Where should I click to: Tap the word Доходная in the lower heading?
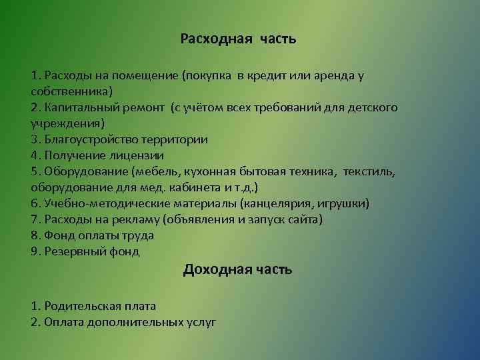coord(215,269)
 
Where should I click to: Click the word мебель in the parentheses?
coord(153,171)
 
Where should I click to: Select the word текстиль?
coord(369,171)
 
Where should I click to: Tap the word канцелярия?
coord(272,203)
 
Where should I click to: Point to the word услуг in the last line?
coord(202,322)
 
